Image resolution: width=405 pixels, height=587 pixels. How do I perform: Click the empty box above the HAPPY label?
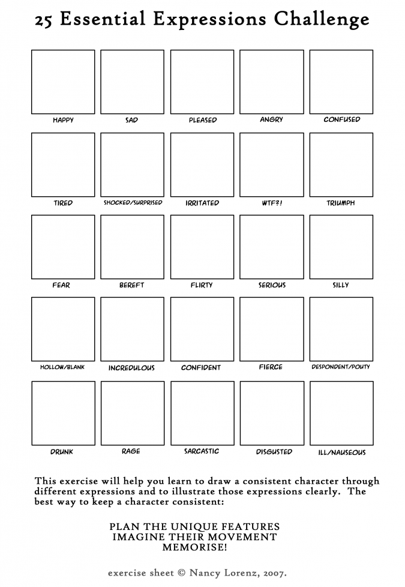pos(63,82)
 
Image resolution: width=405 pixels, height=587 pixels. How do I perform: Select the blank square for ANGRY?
pos(272,82)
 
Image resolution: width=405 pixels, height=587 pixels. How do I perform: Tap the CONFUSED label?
pos(342,119)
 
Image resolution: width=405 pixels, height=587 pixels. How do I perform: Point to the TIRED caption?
pos(63,203)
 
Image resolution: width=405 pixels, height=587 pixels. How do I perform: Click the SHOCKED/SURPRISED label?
pos(133,203)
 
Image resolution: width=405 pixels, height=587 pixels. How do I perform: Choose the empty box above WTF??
pos(272,164)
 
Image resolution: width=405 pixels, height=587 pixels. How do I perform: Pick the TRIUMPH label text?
pos(341,203)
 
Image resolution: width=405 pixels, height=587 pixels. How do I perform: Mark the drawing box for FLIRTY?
pos(202,247)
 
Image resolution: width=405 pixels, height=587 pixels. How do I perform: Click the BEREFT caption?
pos(132,285)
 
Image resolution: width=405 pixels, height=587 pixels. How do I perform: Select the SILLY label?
pos(341,285)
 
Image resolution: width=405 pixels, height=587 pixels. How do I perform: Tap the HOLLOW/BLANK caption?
pos(62,367)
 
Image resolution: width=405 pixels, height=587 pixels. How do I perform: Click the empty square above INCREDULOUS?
pos(133,329)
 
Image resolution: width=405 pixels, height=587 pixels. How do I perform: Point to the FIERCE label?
pos(271,367)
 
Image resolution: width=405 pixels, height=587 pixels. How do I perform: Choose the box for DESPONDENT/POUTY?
pos(341,329)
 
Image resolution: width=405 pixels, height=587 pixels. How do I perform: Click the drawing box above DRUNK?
pos(63,413)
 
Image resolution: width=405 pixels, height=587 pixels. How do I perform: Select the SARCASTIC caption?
pos(202,451)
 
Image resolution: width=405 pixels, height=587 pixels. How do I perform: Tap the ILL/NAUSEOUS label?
pos(341,453)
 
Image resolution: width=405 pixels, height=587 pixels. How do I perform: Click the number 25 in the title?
pos(43,22)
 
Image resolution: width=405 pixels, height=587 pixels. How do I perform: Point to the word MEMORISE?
pos(194,547)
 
